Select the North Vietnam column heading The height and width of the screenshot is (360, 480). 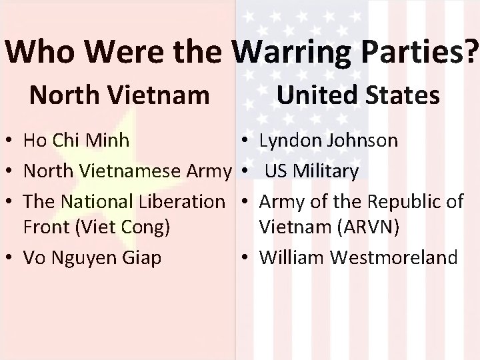119,95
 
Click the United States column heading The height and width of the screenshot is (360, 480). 358,95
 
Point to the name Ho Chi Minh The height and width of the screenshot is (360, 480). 76,141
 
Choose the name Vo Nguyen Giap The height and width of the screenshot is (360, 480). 92,257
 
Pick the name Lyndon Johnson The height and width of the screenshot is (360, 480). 329,141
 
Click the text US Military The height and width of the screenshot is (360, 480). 311,171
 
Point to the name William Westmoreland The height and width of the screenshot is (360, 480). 359,257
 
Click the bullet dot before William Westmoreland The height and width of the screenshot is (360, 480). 246,258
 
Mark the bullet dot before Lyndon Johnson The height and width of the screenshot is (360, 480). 246,142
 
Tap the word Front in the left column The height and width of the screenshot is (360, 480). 47,227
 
